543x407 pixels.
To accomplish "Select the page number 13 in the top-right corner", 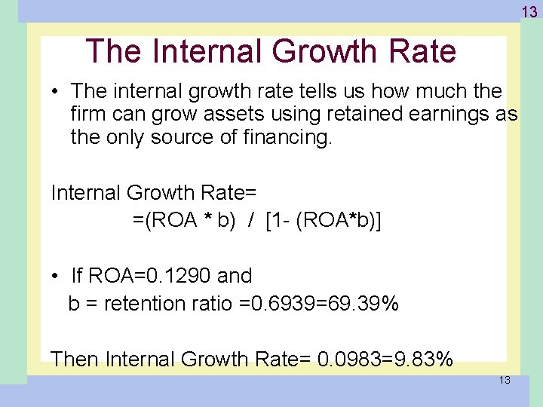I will pos(530,11).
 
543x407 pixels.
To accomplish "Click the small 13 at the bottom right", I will pos(505,380).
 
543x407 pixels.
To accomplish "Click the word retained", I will pos(359,115).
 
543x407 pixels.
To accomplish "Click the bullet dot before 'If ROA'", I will pos(57,277).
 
